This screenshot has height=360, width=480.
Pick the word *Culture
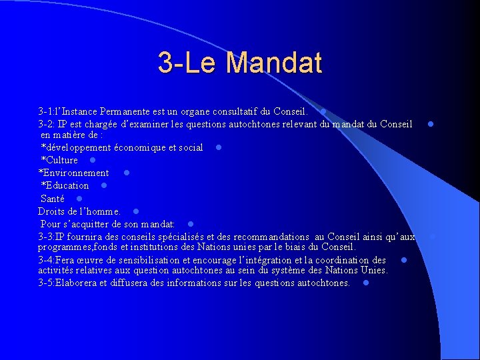[x=59, y=160]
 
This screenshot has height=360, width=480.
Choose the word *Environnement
[x=73, y=173]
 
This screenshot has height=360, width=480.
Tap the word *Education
[x=65, y=185]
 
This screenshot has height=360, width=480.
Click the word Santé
[x=53, y=199]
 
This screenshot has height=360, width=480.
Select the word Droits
[x=51, y=211]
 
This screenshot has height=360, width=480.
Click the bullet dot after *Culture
[x=93, y=160]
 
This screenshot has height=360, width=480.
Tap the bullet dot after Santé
[x=79, y=199]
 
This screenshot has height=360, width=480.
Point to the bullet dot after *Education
[x=103, y=185]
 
